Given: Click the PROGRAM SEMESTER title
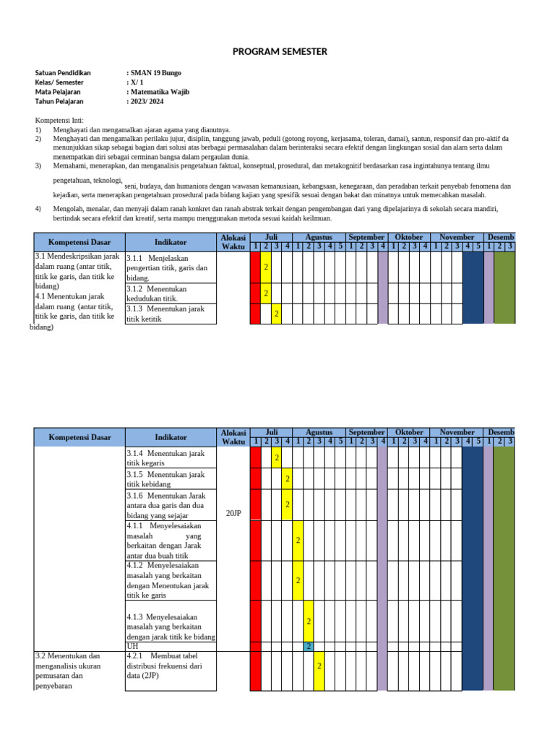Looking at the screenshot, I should tap(280, 51).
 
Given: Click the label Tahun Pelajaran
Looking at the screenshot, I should tap(59, 101).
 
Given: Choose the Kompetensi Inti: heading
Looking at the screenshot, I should tap(60, 120).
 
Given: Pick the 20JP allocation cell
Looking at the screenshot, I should tap(233, 512).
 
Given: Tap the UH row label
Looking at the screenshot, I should tap(132, 646).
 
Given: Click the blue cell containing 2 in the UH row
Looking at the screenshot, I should tap(309, 646).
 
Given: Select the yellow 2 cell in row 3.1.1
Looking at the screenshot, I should tap(266, 267).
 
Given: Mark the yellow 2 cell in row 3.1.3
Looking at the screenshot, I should tap(276, 314).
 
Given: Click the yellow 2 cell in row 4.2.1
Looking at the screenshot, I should tap(319, 666).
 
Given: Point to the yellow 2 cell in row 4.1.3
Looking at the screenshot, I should tap(309, 621).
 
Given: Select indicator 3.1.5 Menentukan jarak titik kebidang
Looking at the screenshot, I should tap(165, 479).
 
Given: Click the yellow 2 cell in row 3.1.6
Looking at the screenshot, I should tap(287, 504).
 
